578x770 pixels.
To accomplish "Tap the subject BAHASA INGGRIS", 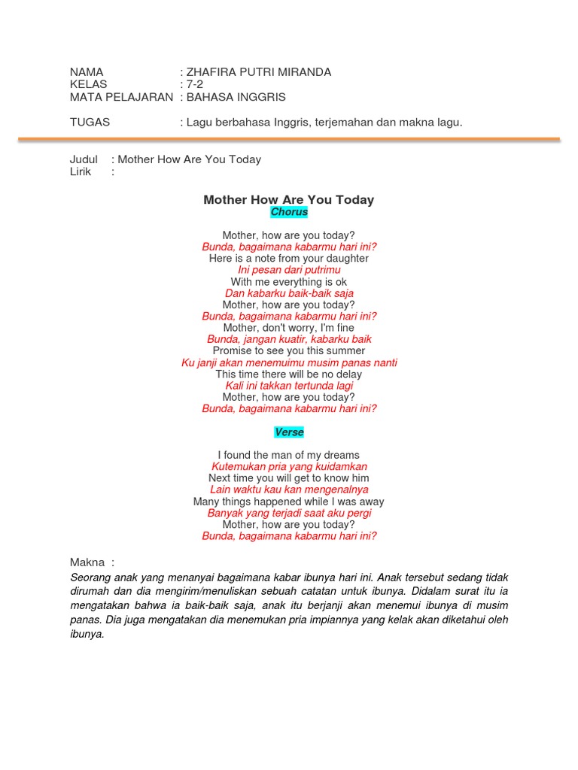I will [236, 97].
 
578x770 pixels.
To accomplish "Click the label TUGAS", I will [90, 122].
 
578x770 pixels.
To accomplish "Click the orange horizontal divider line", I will [289, 139].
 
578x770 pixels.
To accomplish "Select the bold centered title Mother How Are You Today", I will [289, 199].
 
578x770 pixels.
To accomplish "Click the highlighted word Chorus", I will [289, 212].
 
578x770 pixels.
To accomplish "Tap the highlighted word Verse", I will [289, 432].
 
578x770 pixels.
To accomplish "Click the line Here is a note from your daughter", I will [289, 258].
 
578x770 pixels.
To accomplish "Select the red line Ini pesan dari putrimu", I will [289, 270].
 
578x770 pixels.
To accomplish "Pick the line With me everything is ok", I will [289, 282].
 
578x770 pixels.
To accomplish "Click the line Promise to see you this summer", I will [289, 350].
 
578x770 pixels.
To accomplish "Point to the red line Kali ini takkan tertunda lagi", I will [289, 386].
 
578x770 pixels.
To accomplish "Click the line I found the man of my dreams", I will [289, 455].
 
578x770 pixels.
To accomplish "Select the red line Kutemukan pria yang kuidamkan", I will [289, 467].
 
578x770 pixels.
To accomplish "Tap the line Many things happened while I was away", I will [289, 502].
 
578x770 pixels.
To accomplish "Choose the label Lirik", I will [81, 171].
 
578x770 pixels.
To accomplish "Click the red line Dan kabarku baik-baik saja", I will [289, 293].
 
